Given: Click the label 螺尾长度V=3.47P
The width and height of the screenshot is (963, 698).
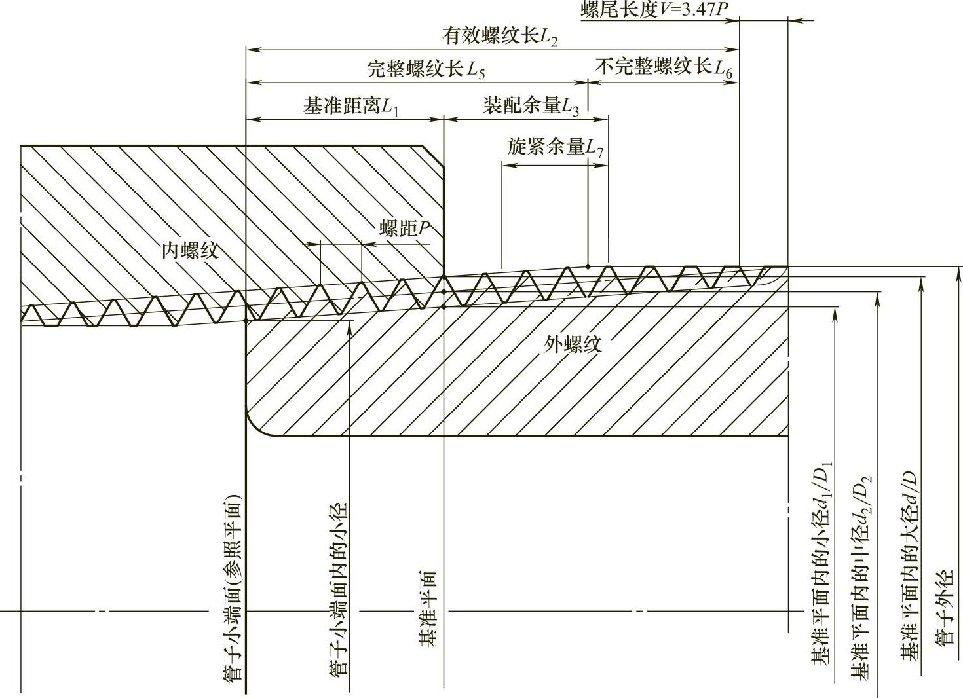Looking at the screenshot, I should click(x=655, y=10).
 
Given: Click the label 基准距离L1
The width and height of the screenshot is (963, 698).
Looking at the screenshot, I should click(x=350, y=106).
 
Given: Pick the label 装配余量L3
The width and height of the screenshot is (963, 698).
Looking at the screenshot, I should click(x=531, y=106).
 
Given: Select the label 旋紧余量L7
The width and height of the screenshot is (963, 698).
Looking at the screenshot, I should click(x=555, y=147).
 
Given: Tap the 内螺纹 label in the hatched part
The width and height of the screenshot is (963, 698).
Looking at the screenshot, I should click(x=190, y=251).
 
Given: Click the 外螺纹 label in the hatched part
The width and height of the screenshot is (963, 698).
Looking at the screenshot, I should click(x=573, y=344).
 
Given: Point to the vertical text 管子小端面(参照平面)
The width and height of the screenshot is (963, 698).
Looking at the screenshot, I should click(x=234, y=593).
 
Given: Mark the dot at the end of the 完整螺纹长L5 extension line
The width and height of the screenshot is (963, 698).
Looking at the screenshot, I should click(x=588, y=266).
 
